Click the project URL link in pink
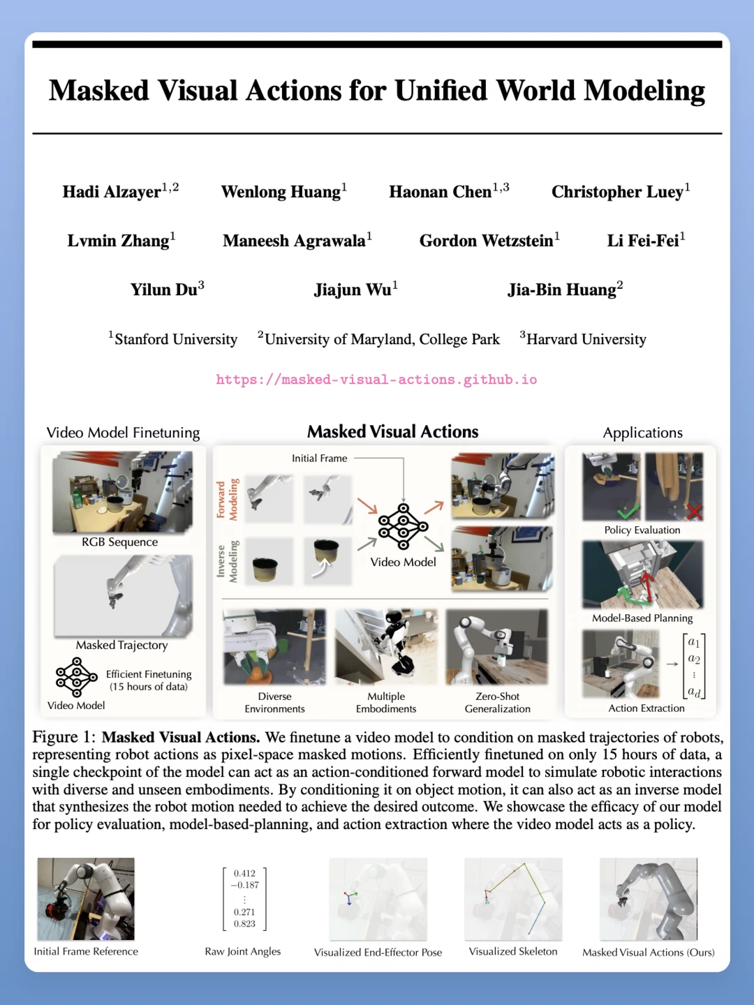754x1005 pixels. click(376, 380)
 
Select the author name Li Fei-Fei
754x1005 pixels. click(646, 240)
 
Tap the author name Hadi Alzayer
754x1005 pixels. click(120, 191)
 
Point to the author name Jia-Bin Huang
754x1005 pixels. click(565, 289)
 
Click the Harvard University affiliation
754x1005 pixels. click(583, 338)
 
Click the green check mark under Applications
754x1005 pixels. click(628, 512)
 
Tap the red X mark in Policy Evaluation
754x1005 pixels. click(694, 511)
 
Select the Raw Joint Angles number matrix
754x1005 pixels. click(244, 898)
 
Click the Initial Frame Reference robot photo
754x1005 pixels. click(86, 899)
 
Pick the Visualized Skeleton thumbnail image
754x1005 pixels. click(513, 899)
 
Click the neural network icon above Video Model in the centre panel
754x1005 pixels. click(403, 526)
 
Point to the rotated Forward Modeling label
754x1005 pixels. click(227, 500)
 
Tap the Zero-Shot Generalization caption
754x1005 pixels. click(497, 702)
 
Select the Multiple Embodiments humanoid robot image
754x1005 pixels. click(386, 646)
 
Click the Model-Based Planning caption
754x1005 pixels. click(642, 618)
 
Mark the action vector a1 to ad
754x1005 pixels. click(694, 667)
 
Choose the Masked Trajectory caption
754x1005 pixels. click(121, 645)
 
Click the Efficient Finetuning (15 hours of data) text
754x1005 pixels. click(149, 680)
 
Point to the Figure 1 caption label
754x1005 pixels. click(64, 737)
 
